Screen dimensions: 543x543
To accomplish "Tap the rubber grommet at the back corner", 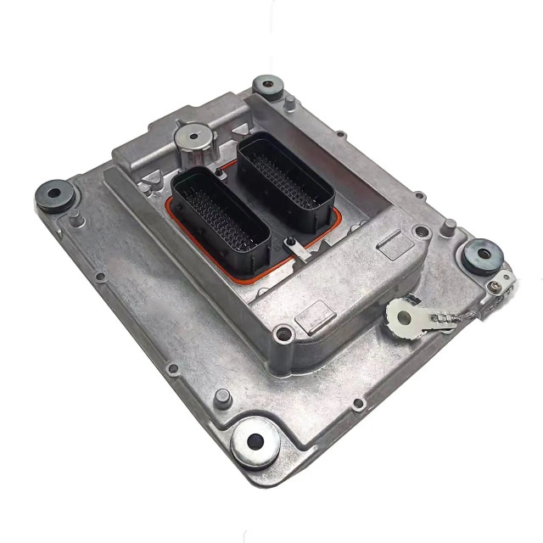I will pos(269,86).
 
